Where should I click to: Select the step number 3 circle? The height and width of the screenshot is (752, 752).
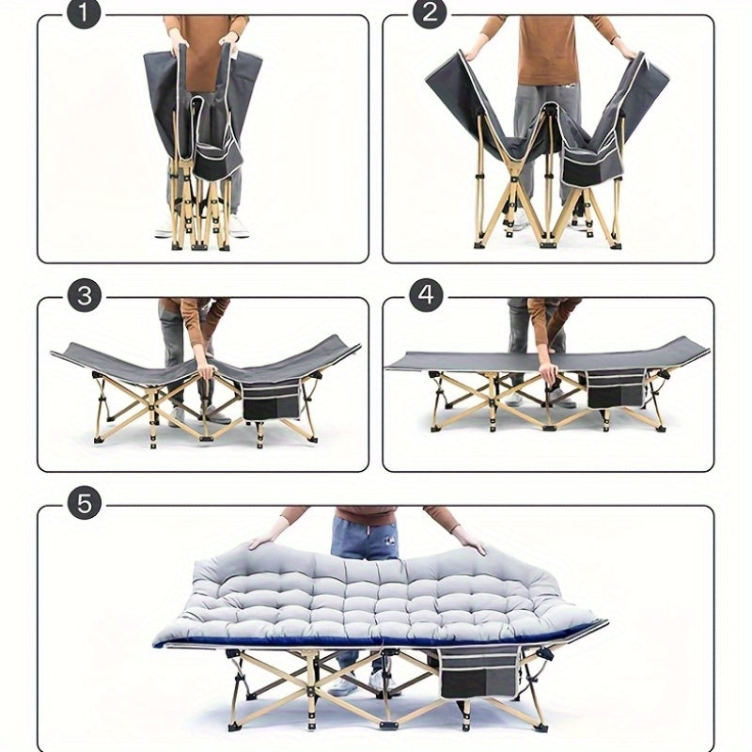click(84, 296)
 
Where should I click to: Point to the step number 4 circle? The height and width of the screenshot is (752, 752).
click(427, 296)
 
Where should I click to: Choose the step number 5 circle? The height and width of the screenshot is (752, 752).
click(84, 503)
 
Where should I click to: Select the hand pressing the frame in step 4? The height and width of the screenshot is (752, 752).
click(547, 373)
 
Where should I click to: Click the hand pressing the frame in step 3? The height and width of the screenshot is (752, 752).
click(205, 369)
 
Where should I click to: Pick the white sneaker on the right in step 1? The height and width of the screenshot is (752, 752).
click(239, 227)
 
